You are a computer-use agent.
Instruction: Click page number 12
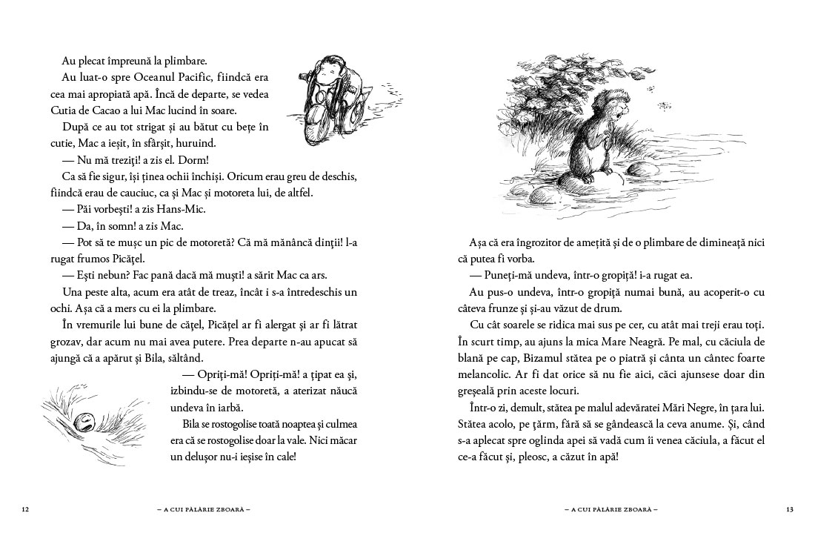tap(25, 509)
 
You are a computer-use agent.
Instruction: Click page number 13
tap(789, 509)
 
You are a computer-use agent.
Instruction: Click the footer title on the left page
tap(201, 509)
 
